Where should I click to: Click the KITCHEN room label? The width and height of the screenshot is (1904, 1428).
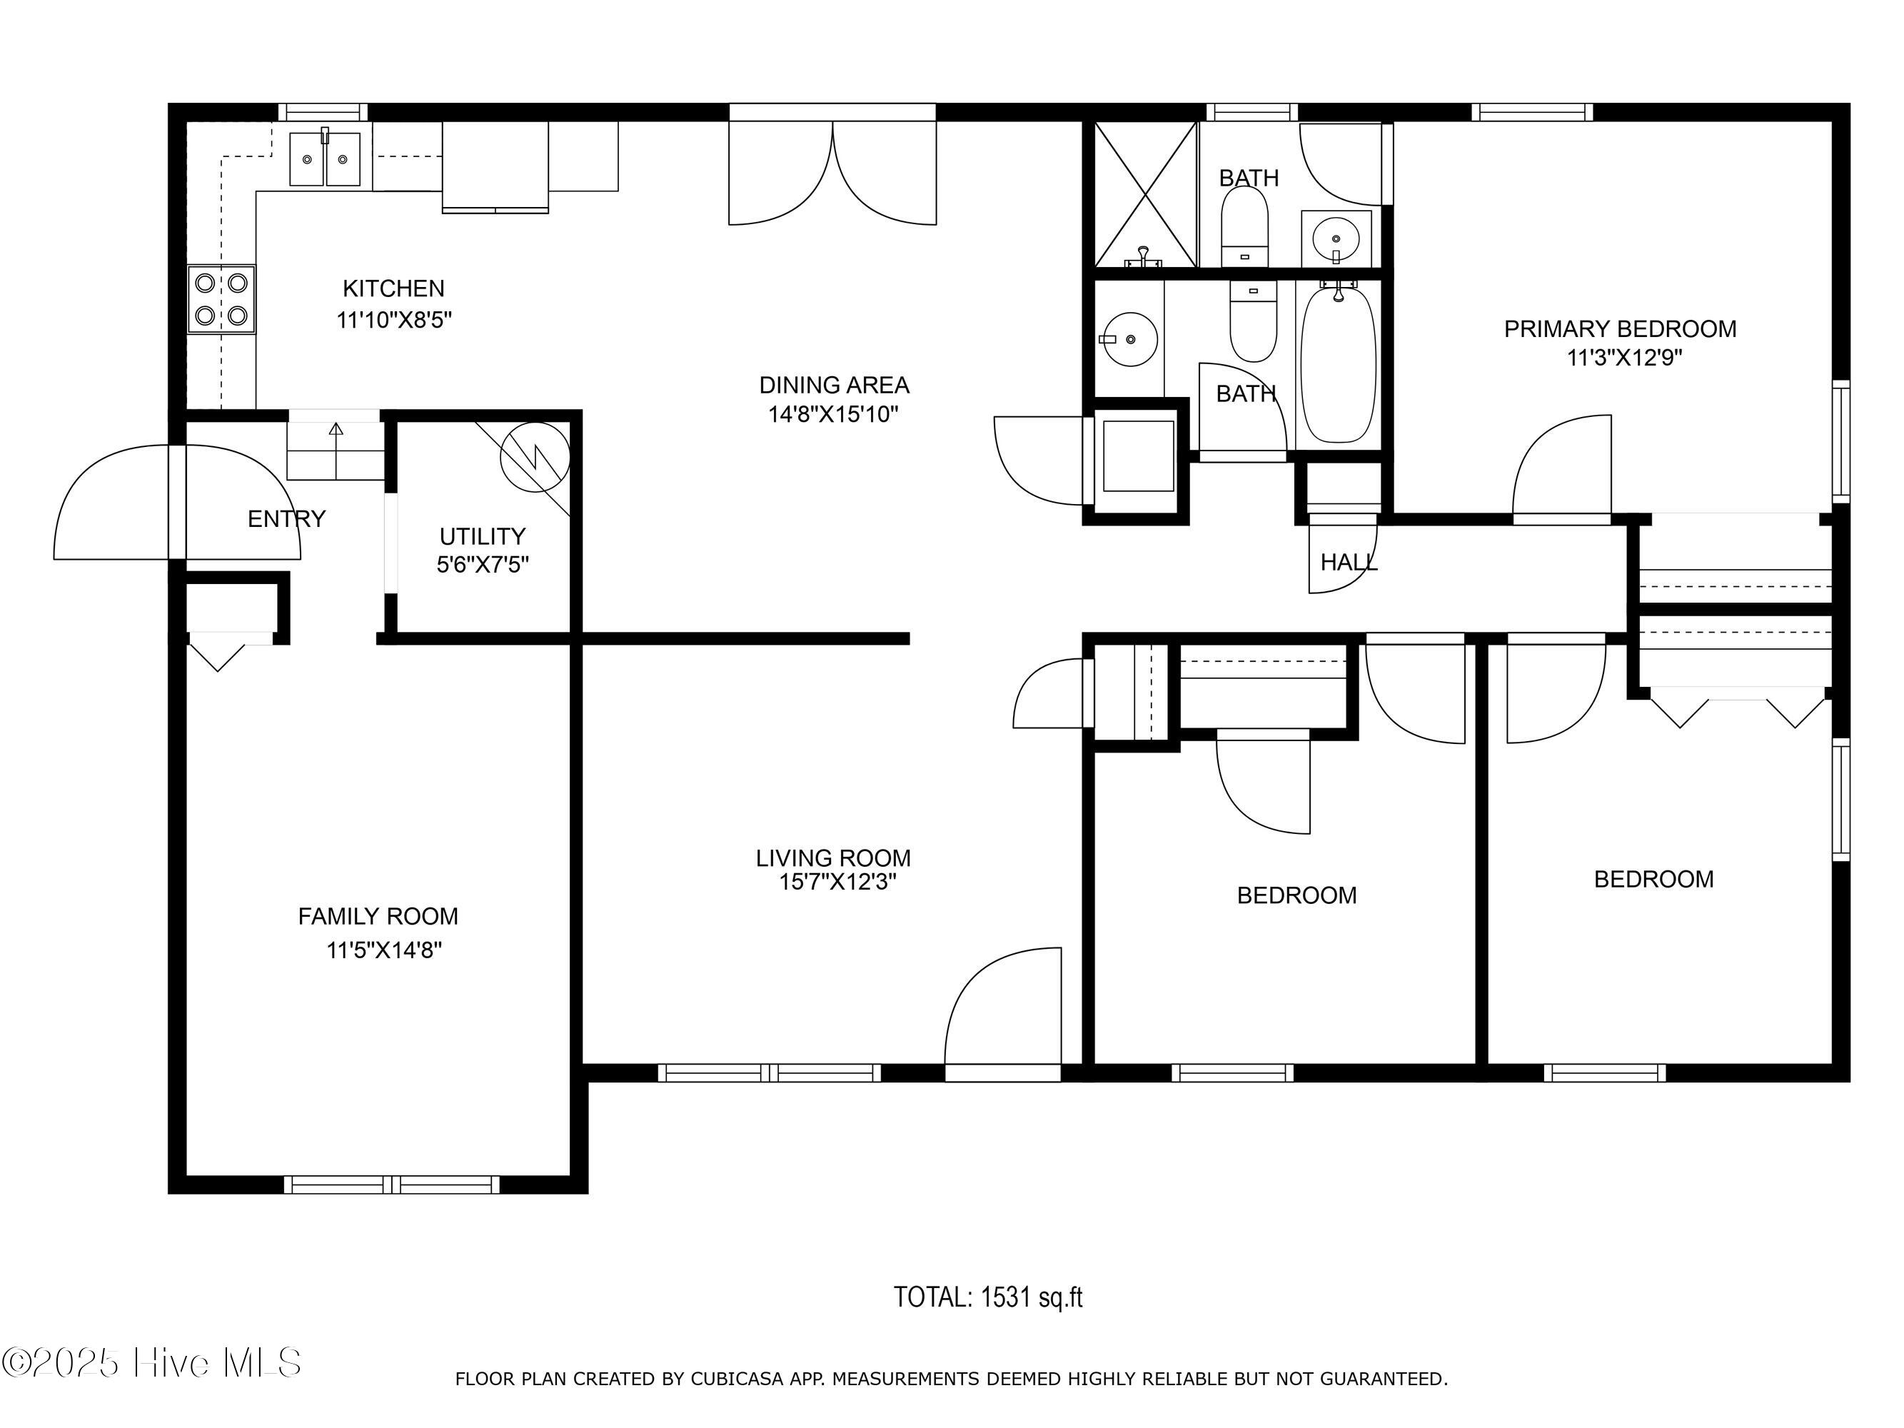coord(393,288)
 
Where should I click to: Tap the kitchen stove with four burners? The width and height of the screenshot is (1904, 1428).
coord(221,298)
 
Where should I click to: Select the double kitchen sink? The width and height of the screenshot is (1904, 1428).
coord(325,159)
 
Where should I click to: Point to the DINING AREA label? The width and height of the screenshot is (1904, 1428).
coord(834,385)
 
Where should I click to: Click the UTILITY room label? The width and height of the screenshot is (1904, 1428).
coord(482,536)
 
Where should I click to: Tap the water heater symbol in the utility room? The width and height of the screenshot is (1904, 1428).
coord(535,457)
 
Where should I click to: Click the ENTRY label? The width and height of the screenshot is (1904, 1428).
coord(286,518)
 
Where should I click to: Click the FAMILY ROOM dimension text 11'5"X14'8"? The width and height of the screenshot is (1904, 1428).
coord(384,950)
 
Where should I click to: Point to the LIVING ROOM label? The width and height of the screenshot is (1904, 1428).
coord(833,858)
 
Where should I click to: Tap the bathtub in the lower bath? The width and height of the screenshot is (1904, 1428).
coord(1338,363)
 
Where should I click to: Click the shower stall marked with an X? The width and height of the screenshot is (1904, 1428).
coord(1146,194)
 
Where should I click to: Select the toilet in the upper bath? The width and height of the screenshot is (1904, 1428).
coord(1244,226)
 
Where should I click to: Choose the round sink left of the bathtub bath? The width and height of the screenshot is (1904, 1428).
coord(1130,339)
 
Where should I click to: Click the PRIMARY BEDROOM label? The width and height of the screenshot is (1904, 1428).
coord(1620,329)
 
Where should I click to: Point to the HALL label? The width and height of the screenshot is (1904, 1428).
coord(1349,562)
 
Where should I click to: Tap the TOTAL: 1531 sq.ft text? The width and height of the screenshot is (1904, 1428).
coord(987,1297)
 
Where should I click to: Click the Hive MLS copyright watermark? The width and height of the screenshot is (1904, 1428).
coord(151,1362)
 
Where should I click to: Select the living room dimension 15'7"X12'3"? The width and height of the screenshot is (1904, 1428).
coord(837,883)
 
